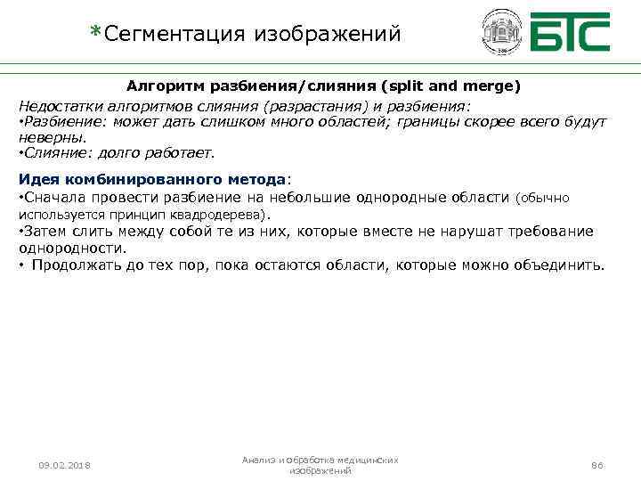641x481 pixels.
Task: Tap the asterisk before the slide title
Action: coord(95,33)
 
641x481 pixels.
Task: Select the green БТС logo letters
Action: coord(570,33)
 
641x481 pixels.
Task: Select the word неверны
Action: coord(53,137)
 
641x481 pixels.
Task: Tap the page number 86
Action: coord(597,465)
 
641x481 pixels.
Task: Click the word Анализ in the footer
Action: coord(258,460)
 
